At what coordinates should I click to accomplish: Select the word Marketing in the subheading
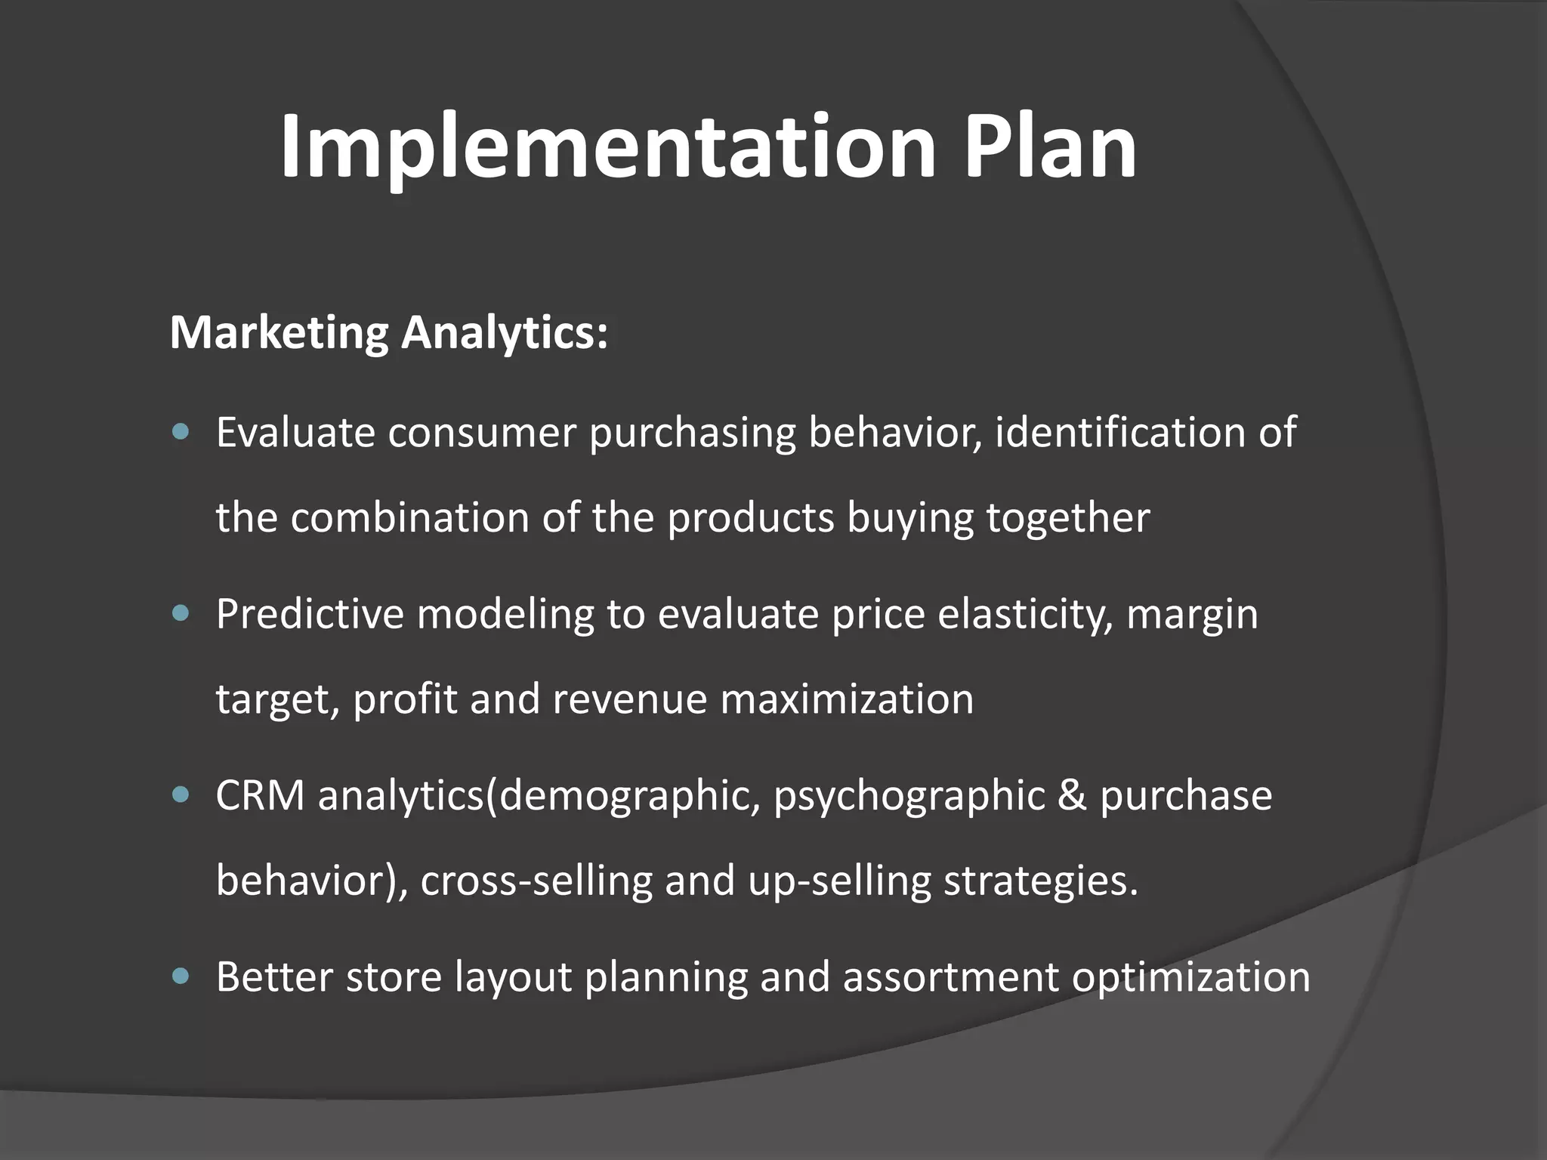279,332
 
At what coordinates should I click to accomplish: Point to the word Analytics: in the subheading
504,332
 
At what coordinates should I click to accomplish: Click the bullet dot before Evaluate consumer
181,433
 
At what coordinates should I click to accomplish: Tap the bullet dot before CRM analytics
181,795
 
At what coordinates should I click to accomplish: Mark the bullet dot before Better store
181,976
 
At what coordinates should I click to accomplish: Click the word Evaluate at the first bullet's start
295,433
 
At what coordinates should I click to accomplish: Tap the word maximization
847,699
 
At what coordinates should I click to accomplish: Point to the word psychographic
909,797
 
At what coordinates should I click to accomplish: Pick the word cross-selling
536,881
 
